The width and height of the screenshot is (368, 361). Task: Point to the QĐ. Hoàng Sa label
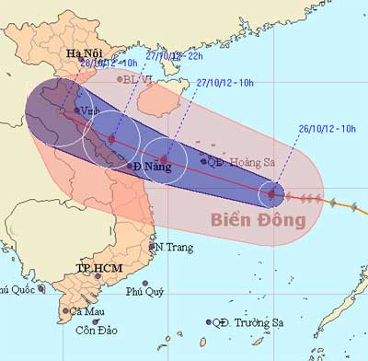click(242, 161)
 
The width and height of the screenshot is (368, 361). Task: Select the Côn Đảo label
click(98, 330)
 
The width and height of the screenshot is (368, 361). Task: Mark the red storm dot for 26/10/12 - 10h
click(270, 193)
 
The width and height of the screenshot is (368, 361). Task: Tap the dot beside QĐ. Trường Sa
click(209, 321)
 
